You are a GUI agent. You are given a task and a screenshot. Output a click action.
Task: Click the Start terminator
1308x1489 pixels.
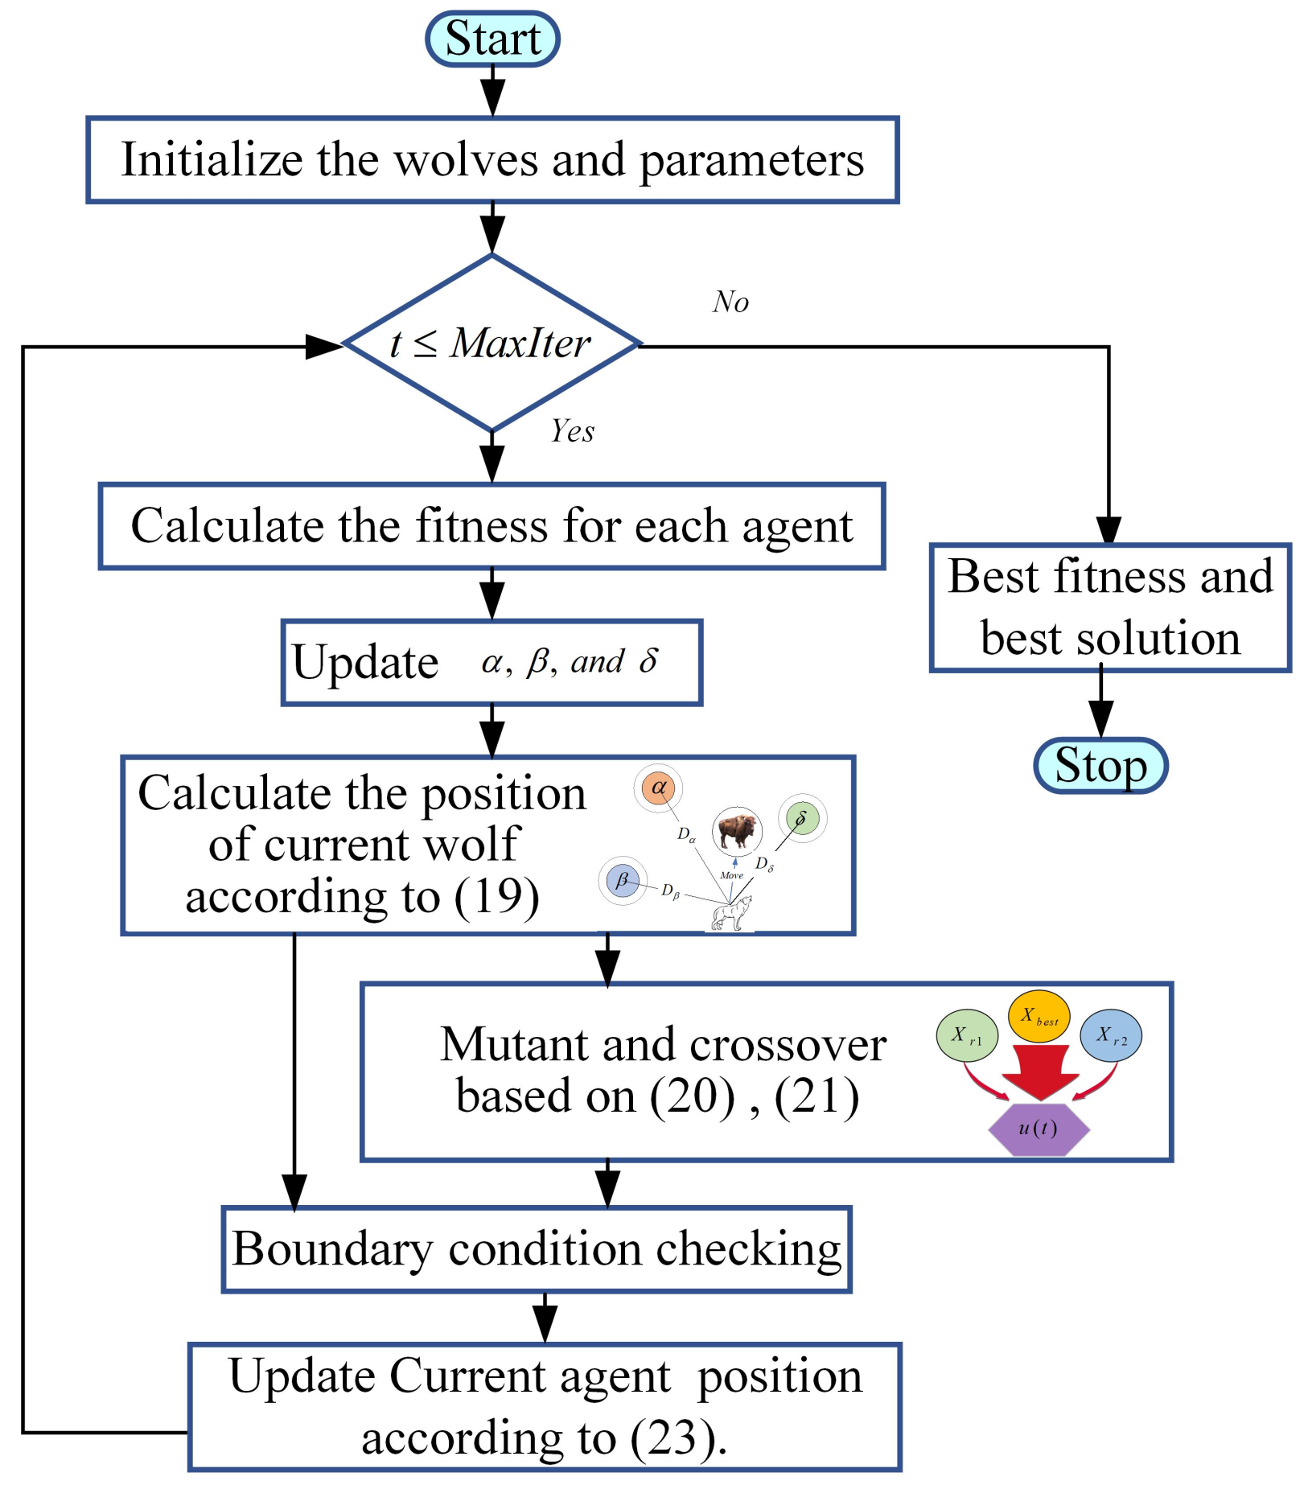coord(492,39)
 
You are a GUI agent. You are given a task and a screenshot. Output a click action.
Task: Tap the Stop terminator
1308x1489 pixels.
coord(1100,765)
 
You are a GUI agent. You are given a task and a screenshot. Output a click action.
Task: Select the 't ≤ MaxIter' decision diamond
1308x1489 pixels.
coord(492,343)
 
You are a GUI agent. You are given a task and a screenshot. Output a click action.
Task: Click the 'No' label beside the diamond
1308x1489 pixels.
coord(730,302)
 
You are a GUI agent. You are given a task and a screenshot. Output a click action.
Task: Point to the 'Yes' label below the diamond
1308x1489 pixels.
coord(572,431)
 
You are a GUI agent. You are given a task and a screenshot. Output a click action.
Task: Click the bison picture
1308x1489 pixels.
coord(736,831)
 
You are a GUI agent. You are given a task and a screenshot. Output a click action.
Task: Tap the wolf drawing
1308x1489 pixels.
coord(732,913)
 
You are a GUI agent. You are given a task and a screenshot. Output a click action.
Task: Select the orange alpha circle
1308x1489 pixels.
coord(658,788)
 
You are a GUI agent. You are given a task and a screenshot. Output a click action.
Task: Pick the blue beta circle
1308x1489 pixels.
coord(623,880)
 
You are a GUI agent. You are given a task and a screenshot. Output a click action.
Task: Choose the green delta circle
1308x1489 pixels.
coord(802,819)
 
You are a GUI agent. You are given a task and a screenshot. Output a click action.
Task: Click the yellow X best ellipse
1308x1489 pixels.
coord(1039,1017)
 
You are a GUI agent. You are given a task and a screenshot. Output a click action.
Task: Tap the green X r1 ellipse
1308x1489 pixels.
coord(967,1035)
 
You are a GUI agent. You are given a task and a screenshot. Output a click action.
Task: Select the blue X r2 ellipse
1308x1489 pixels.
coord(1111,1035)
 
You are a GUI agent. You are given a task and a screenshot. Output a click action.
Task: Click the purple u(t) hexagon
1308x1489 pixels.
coord(1039,1129)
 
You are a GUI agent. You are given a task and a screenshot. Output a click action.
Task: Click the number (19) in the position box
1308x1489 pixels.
coord(496,896)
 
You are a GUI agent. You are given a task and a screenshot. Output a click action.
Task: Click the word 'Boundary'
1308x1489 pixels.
coord(332,1250)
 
